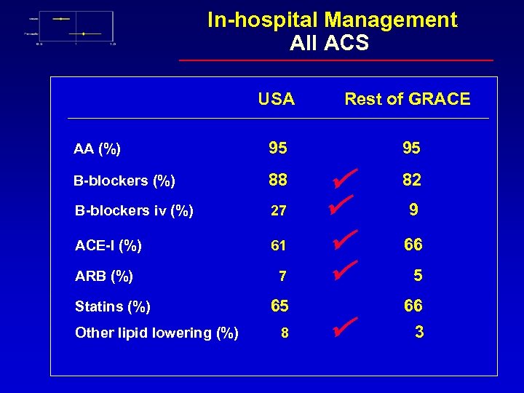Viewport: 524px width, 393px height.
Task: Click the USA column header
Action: (277, 99)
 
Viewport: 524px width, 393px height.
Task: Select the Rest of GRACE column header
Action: (407, 99)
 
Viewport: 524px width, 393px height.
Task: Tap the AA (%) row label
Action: (97, 149)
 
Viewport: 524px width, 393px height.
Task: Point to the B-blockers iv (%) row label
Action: (134, 210)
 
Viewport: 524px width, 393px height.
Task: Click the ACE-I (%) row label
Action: (108, 245)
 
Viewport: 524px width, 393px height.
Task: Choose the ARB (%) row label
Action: (103, 276)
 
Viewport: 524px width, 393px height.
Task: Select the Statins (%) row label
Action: (113, 306)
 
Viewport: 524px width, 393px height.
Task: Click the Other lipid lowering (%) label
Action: (156, 333)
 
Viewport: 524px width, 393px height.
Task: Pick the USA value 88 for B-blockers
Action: (277, 179)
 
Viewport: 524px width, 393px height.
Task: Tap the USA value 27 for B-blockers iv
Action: (278, 211)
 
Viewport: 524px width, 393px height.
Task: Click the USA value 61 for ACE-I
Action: (278, 246)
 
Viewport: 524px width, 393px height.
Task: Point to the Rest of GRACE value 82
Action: (412, 179)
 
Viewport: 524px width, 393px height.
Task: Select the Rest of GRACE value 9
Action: (413, 210)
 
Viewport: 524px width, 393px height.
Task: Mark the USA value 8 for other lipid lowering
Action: (285, 333)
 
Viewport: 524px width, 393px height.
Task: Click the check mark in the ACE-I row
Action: (344, 239)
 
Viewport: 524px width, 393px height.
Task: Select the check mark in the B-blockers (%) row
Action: (344, 175)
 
